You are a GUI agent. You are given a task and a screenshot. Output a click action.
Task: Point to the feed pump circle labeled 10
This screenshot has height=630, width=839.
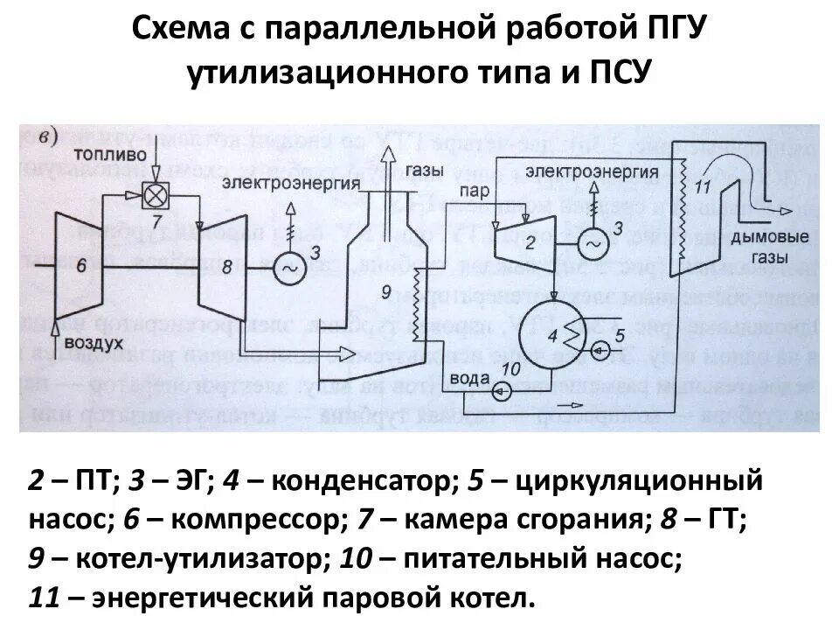tap(503, 391)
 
